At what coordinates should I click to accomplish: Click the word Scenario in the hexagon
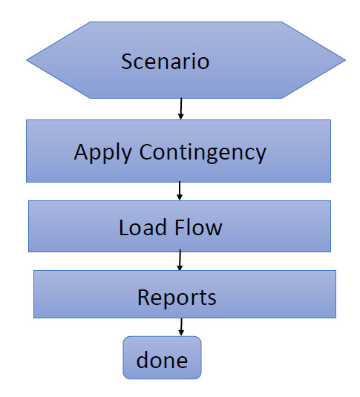pyautogui.click(x=165, y=60)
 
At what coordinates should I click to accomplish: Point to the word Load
pyautogui.click(x=141, y=227)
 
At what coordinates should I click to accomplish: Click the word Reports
pyautogui.click(x=177, y=298)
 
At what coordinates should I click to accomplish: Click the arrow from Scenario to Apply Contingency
pyautogui.click(x=180, y=110)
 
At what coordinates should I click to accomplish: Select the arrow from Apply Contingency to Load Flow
pyautogui.click(x=180, y=191)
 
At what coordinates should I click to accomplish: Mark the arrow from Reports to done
pyautogui.click(x=180, y=327)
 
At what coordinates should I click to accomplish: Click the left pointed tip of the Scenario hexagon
pyautogui.click(x=28, y=59)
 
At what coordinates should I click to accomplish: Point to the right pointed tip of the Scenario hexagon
pyautogui.click(x=344, y=59)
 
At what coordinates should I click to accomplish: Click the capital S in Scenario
pyautogui.click(x=127, y=60)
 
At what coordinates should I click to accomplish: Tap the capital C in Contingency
pyautogui.click(x=147, y=152)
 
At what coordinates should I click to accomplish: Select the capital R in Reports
pyautogui.click(x=143, y=298)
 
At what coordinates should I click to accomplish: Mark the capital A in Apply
pyautogui.click(x=81, y=152)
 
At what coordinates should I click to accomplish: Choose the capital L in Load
pyautogui.click(x=123, y=227)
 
